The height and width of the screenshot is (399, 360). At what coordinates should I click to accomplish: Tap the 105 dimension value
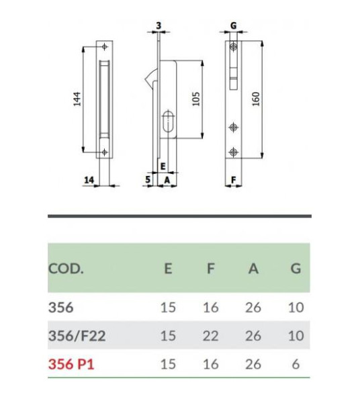click(195, 99)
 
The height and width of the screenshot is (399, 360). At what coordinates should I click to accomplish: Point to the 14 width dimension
click(88, 179)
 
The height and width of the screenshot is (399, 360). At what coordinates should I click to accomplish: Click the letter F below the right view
click(232, 179)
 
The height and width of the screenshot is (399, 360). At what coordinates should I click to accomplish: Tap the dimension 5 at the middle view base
click(148, 179)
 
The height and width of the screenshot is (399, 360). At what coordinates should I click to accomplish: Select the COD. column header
click(66, 269)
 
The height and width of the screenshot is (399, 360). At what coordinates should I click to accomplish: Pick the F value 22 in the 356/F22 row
click(210, 335)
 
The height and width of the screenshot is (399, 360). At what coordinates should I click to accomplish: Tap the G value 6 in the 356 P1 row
click(296, 364)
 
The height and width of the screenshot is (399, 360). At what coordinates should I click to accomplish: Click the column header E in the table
click(168, 269)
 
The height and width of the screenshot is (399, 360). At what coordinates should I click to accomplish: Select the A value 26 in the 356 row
click(253, 307)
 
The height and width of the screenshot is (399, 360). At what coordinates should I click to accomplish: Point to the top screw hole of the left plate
click(105, 46)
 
